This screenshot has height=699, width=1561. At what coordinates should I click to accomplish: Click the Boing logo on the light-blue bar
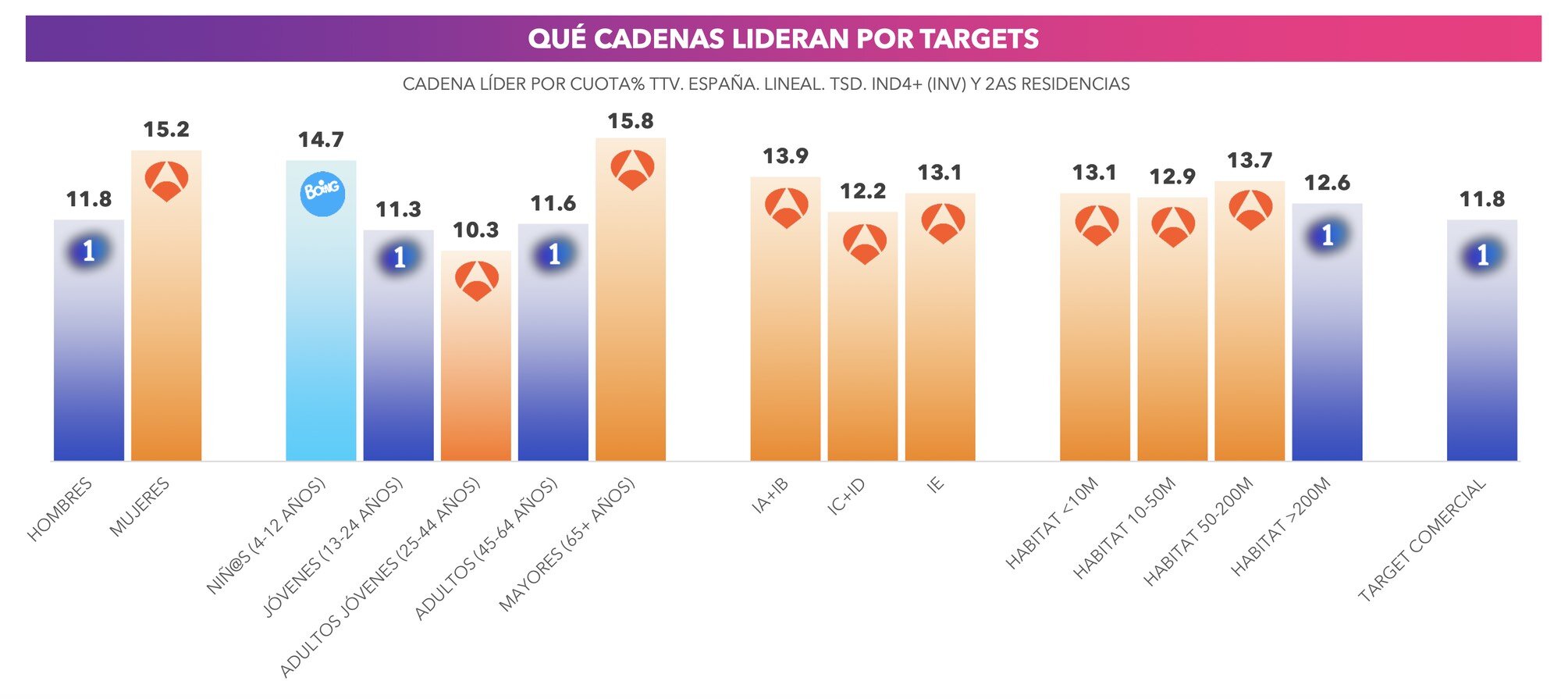322,191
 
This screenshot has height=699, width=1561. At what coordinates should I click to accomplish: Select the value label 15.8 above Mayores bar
631,121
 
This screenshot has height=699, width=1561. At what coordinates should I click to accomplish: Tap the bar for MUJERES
166,328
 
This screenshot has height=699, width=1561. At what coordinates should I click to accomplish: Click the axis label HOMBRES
60,509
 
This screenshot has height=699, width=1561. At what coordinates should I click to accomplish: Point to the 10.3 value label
475,230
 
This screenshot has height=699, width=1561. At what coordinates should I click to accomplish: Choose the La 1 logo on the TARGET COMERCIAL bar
1482,255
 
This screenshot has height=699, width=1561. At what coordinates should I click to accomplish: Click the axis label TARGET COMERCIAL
1422,540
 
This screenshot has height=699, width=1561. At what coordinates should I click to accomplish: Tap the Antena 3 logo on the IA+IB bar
786,207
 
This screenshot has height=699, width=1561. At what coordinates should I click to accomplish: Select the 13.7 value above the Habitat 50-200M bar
1250,160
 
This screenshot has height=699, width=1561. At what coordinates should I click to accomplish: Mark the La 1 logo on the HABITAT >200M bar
1327,234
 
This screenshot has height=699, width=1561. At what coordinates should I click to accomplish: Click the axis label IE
935,485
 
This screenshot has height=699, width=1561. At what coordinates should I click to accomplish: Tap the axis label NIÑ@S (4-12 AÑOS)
265,537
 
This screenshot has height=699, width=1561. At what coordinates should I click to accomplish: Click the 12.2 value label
862,191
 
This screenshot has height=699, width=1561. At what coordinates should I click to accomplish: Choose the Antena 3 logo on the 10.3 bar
476,281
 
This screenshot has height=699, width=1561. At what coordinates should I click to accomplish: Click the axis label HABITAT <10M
1051,522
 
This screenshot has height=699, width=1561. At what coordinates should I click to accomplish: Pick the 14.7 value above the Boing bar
321,140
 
